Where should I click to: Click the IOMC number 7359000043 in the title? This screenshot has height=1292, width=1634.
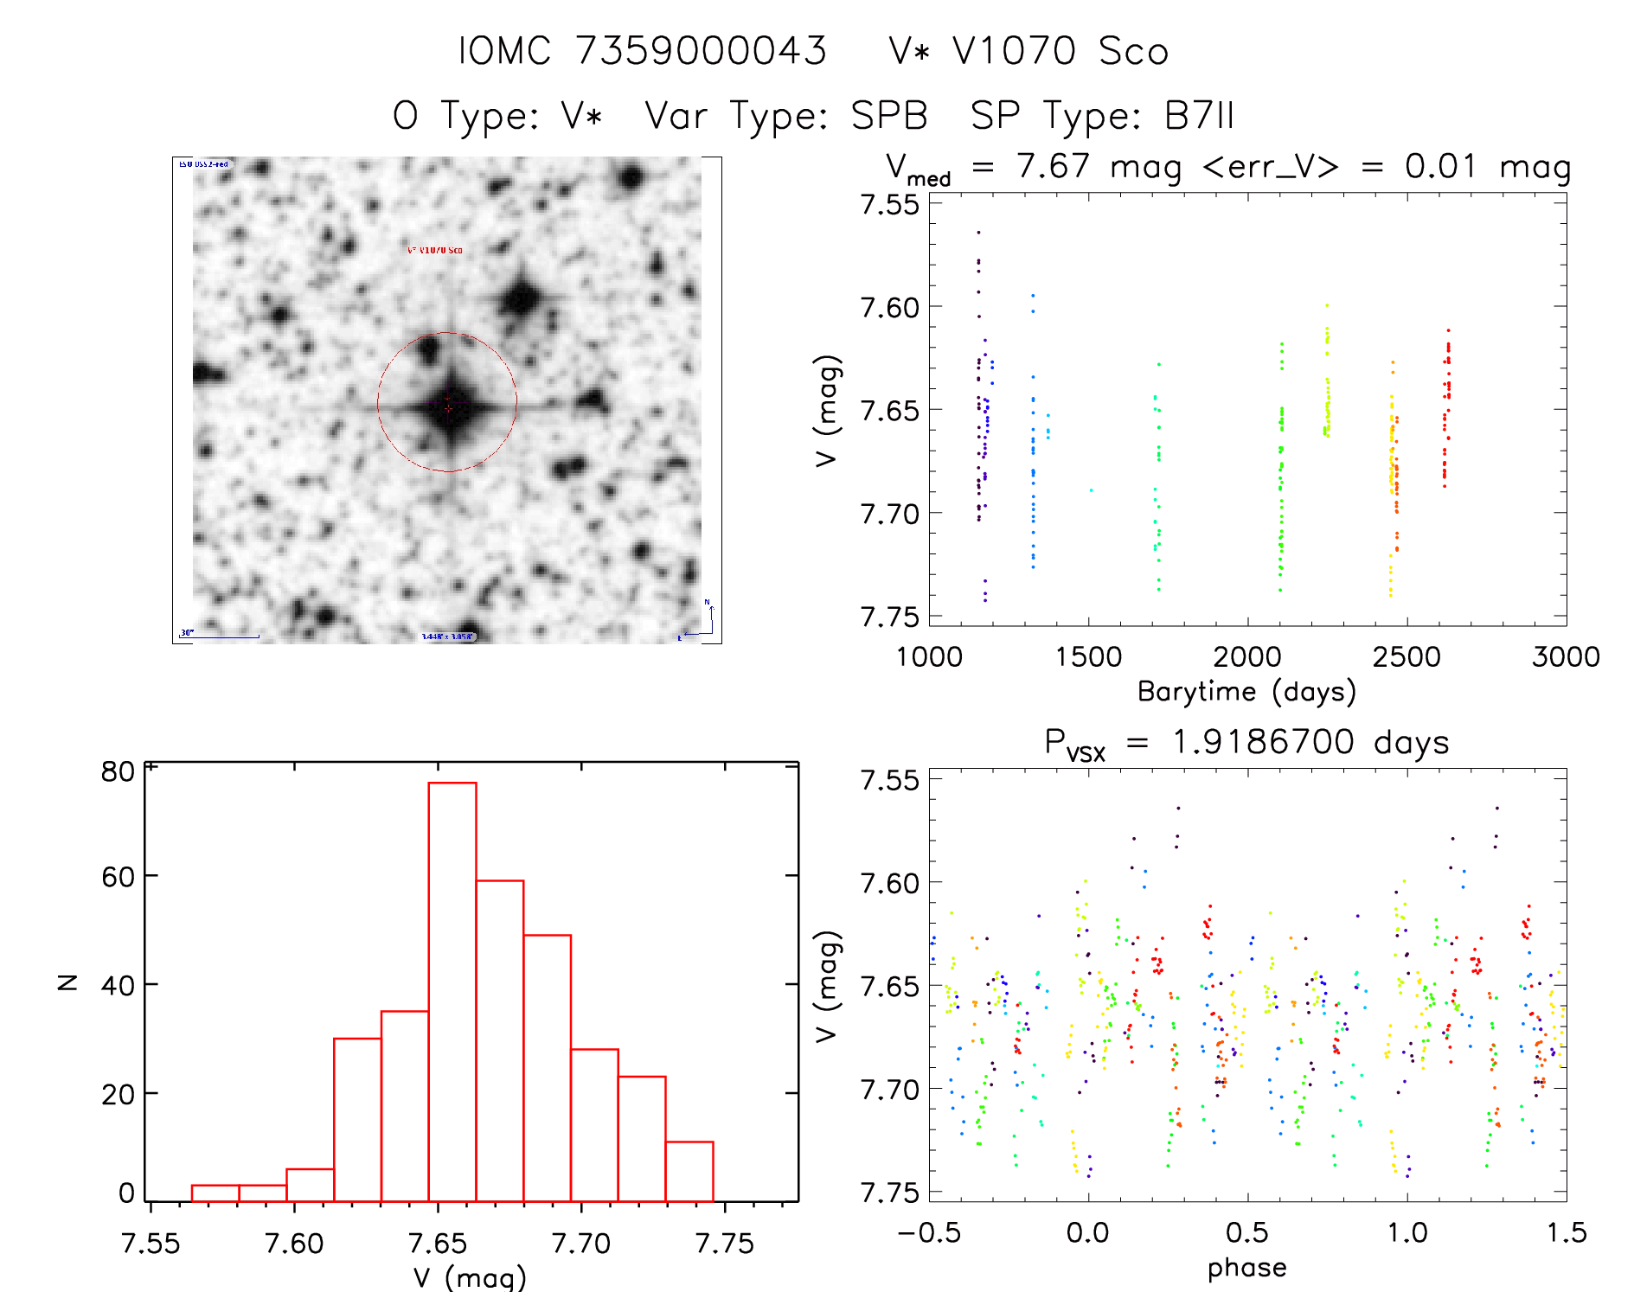[701, 51]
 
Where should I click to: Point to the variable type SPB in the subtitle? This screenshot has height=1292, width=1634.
[888, 116]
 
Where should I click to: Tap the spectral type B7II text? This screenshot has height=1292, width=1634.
[1199, 116]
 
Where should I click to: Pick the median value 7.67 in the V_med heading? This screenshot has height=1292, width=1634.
[1053, 166]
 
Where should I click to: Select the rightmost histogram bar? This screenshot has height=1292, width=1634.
[689, 1171]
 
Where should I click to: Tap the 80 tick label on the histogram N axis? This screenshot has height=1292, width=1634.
[118, 771]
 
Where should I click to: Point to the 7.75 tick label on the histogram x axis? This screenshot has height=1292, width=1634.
[725, 1244]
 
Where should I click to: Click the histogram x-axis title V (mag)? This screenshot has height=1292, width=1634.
[470, 1277]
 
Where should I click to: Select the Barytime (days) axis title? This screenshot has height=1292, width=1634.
[1246, 692]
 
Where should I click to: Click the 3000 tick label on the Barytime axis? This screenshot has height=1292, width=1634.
[1566, 657]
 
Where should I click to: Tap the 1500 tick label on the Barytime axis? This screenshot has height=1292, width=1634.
[1088, 657]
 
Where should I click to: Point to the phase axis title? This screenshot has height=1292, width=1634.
[1246, 1268]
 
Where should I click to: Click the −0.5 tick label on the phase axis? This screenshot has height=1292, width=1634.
[929, 1232]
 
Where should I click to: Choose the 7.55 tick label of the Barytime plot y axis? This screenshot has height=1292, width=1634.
[890, 205]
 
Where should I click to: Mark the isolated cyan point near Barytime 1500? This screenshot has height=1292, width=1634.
[1091, 490]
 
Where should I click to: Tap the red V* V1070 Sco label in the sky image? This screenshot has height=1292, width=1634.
[435, 250]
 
